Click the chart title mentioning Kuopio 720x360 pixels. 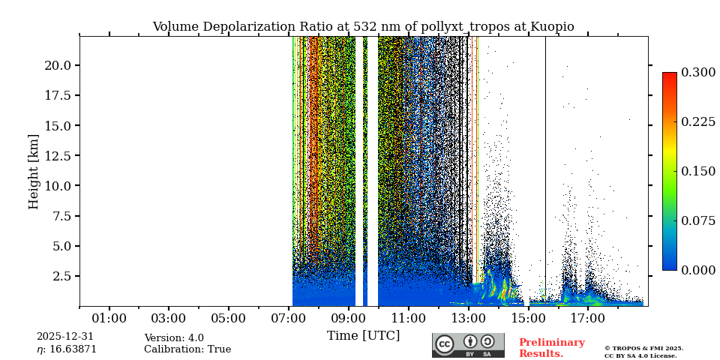pyautogui.click(x=363, y=27)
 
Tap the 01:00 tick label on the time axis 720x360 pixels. pyautogui.click(x=109, y=318)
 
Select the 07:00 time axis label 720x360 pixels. pyautogui.click(x=289, y=318)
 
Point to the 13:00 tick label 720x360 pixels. pyautogui.click(x=468, y=318)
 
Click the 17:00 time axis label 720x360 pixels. pyautogui.click(x=587, y=318)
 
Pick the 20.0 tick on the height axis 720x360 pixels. pyautogui.click(x=58, y=65)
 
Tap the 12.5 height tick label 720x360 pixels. pyautogui.click(x=58, y=155)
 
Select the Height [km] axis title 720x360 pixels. pyautogui.click(x=34, y=171)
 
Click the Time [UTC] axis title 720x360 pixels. pyautogui.click(x=363, y=335)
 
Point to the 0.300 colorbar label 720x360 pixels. pyautogui.click(x=698, y=72)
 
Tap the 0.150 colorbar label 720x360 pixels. pyautogui.click(x=698, y=171)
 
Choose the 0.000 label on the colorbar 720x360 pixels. pyautogui.click(x=698, y=270)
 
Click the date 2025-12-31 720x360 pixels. pyautogui.click(x=65, y=337)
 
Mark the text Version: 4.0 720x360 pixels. pyautogui.click(x=174, y=338)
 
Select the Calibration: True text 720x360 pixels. pyautogui.click(x=187, y=349)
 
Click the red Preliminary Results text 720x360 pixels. pyautogui.click(x=551, y=348)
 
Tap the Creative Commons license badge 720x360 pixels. pyautogui.click(x=468, y=345)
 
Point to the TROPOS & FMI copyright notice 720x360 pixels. pyautogui.click(x=643, y=352)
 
